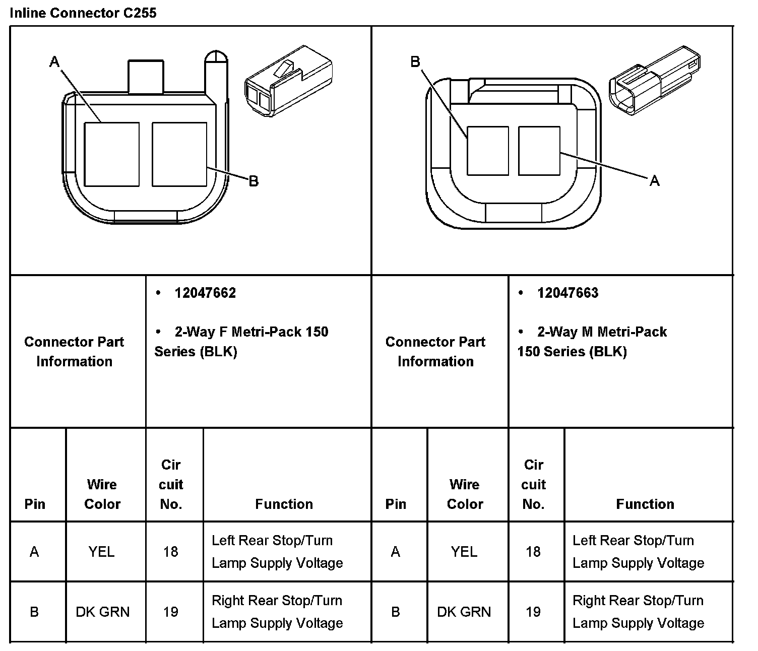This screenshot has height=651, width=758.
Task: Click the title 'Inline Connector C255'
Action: pos(83,13)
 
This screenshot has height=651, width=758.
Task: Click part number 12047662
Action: pos(205,293)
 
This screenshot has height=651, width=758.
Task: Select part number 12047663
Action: pos(567,293)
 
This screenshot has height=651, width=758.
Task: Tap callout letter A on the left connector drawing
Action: pos(54,62)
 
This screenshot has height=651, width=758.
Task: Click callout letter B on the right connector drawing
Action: pos(415,62)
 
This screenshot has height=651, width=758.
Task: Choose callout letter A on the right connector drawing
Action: pos(654,180)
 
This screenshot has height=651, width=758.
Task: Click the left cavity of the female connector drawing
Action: pos(111,154)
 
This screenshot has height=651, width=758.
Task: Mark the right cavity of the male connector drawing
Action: pos(539,151)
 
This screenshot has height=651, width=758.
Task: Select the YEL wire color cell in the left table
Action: pos(102,552)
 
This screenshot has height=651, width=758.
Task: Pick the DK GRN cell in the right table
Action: pos(464,612)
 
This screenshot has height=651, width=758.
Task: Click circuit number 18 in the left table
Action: pos(171,552)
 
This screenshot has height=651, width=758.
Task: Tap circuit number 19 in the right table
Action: pos(533,612)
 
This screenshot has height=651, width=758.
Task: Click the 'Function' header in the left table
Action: pos(284,504)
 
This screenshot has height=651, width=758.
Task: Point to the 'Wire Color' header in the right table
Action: pos(465,494)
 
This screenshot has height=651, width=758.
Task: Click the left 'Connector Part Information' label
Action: pos(74,351)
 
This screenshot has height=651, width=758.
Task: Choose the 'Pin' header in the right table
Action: pos(396,504)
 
